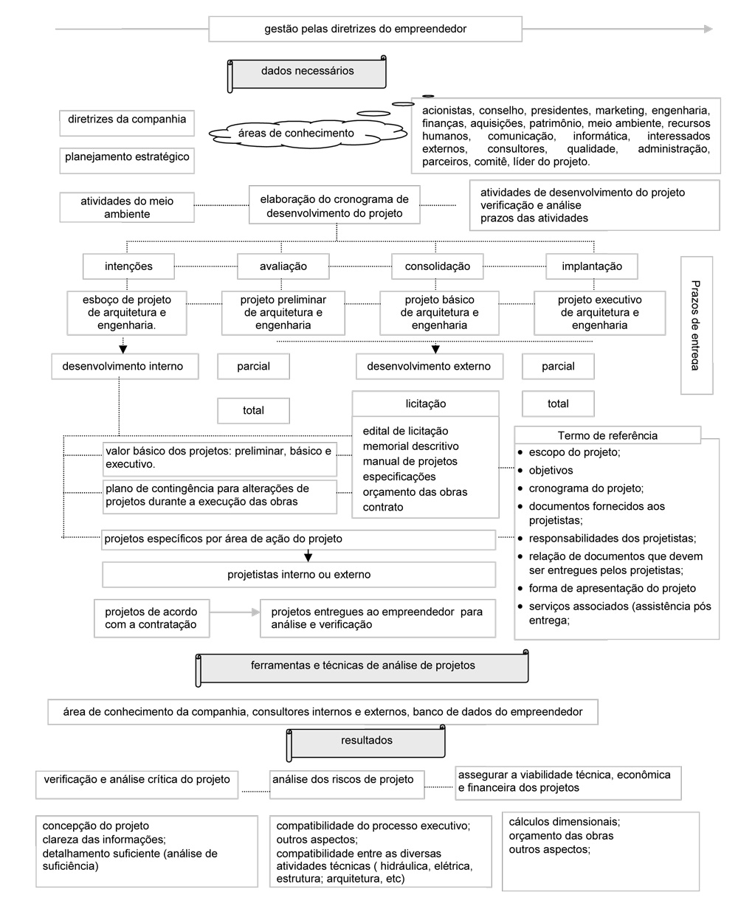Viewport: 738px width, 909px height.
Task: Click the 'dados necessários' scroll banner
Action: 308,73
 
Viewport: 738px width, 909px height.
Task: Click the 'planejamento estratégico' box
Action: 127,158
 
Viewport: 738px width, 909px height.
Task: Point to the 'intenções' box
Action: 128,266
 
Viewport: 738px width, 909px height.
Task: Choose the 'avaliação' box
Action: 283,266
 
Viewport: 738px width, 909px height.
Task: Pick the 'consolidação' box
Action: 437,266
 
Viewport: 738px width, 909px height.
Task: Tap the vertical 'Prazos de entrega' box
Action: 697,325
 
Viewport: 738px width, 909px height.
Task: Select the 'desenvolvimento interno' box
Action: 125,366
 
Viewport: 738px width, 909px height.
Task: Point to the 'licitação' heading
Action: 426,404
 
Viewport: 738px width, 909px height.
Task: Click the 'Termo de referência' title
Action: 607,435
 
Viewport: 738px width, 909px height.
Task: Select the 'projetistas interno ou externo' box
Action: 299,574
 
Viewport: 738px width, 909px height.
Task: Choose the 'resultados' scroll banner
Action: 367,742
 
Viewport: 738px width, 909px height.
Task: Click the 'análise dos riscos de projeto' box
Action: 343,779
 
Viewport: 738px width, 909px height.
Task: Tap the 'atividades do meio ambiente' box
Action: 127,207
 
